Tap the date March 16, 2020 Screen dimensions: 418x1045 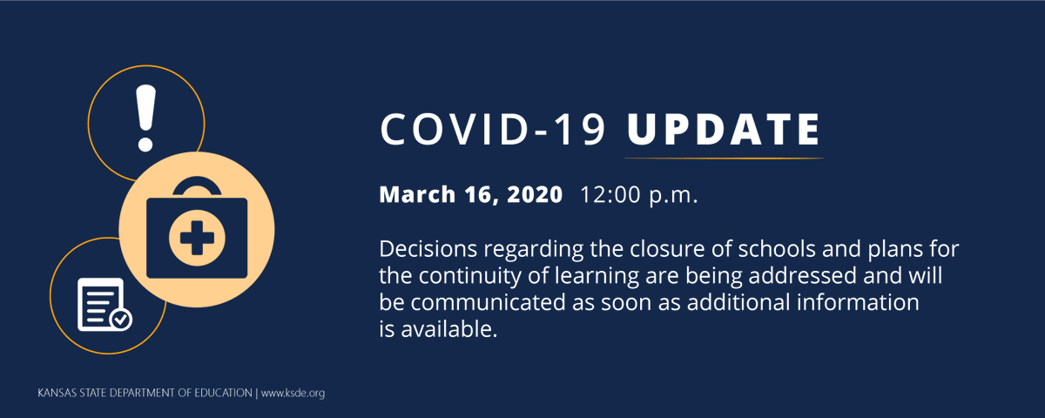pyautogui.click(x=470, y=195)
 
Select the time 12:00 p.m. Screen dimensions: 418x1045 pyautogui.click(x=639, y=195)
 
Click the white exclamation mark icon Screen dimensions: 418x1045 pyautogui.click(x=145, y=117)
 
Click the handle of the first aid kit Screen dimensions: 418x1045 pyautogui.click(x=197, y=185)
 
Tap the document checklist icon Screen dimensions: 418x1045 pyautogui.click(x=99, y=304)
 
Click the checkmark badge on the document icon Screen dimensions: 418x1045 pyautogui.click(x=121, y=320)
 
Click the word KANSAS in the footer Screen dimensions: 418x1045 pyautogui.click(x=56, y=393)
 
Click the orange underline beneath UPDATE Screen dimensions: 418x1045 pyautogui.click(x=723, y=158)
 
